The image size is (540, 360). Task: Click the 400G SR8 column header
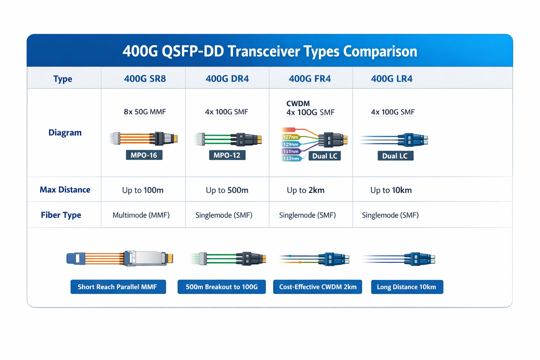(145, 78)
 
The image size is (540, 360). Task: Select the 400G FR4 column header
(309, 78)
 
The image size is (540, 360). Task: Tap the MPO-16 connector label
(144, 155)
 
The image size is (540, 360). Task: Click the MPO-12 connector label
(227, 155)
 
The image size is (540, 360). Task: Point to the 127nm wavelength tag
(290, 137)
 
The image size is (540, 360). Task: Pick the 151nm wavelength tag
(291, 152)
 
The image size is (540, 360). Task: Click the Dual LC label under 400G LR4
(395, 156)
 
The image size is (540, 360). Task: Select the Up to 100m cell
(143, 190)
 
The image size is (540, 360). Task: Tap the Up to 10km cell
(391, 190)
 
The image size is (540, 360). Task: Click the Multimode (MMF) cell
(141, 215)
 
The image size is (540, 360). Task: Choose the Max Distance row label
(65, 190)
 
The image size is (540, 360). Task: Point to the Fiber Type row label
(61, 215)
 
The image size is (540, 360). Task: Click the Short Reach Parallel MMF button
(118, 287)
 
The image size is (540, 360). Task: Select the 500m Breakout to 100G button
(221, 287)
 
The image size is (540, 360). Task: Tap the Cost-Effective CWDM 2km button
(317, 287)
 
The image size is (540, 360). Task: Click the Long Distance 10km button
(407, 287)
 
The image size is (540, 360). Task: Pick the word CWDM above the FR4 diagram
(298, 103)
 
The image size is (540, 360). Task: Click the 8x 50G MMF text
(145, 112)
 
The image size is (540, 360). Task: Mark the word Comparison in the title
(380, 51)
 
